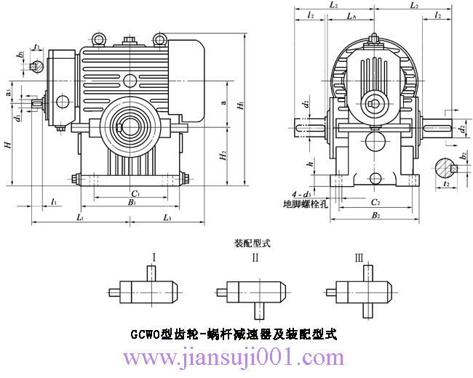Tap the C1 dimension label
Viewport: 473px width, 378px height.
pyautogui.click(x=135, y=193)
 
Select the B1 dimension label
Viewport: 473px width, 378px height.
pyautogui.click(x=133, y=204)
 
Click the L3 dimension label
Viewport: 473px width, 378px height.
pyautogui.click(x=167, y=218)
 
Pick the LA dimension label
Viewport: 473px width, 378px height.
pyautogui.click(x=351, y=15)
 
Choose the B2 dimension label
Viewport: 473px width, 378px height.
pyautogui.click(x=375, y=216)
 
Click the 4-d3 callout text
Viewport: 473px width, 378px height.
pyautogui.click(x=300, y=195)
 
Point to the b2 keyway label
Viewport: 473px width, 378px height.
pyautogui.click(x=464, y=155)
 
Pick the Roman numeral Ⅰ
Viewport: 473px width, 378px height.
pyautogui.click(x=154, y=257)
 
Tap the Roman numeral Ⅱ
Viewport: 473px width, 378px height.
pyautogui.click(x=255, y=257)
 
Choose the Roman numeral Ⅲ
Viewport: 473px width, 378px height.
pyautogui.click(x=358, y=257)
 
